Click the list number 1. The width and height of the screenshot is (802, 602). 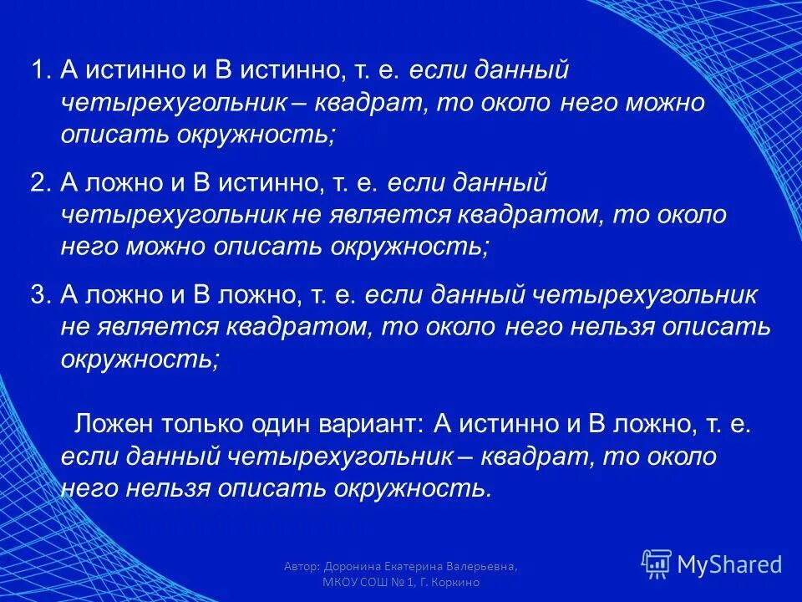40,71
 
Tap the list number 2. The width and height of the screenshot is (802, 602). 40,183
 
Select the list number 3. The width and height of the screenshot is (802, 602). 40,294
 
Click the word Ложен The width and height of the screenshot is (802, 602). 113,424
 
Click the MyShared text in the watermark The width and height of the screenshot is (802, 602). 730,564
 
